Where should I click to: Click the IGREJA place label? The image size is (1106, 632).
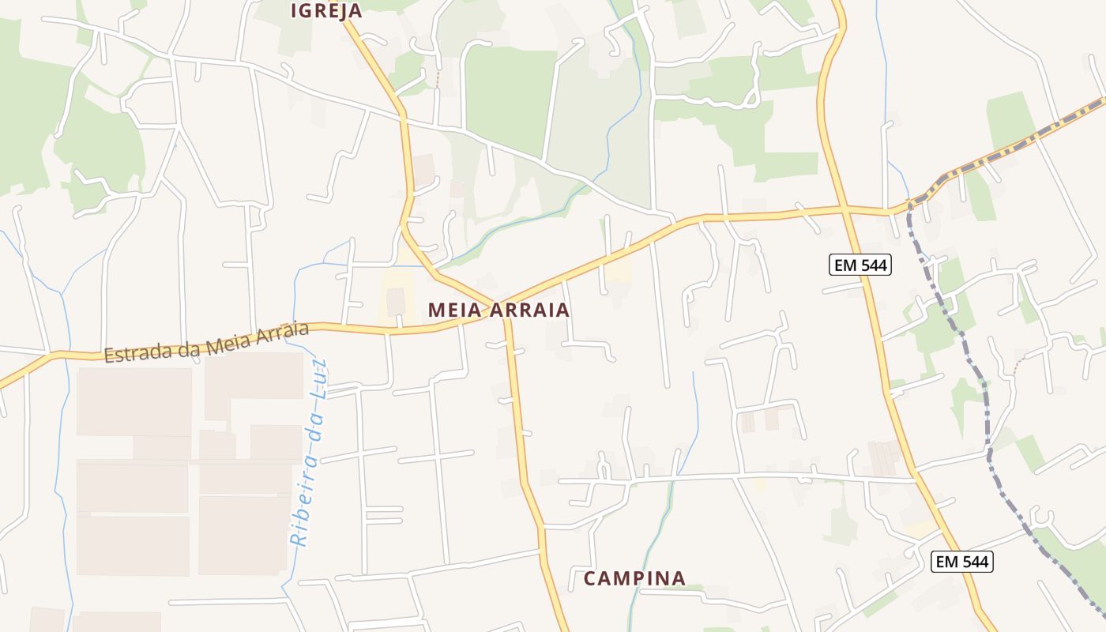click(x=326, y=10)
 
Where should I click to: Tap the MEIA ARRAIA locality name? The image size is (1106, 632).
click(x=498, y=310)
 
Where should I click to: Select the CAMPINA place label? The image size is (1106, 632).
click(x=634, y=578)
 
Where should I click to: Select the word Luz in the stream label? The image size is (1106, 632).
click(x=318, y=378)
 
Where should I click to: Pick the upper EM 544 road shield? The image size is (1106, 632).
click(x=860, y=265)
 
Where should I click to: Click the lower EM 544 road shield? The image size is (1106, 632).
click(x=961, y=562)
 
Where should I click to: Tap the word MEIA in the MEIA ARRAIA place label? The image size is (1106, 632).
click(x=456, y=310)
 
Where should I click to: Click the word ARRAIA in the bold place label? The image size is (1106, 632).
click(x=530, y=310)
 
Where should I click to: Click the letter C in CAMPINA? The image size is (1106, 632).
click(x=589, y=578)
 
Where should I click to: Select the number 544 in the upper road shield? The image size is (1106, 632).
click(x=872, y=265)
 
